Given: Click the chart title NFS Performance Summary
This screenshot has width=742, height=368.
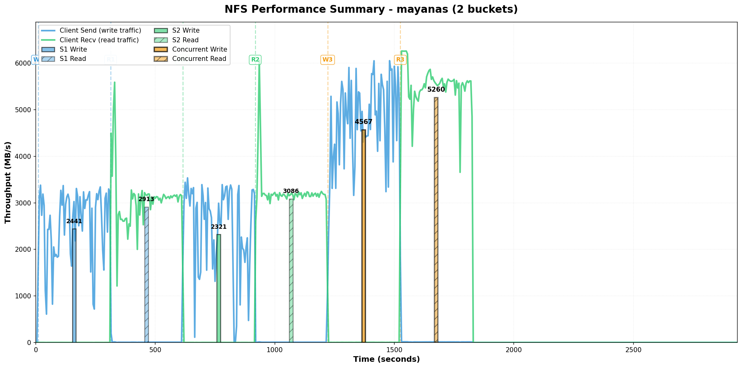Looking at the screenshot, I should pyautogui.click(x=371, y=9).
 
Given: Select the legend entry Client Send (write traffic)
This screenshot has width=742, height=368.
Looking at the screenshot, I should pyautogui.click(x=100, y=30).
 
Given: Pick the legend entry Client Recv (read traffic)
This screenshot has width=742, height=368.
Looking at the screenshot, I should pyautogui.click(x=99, y=40).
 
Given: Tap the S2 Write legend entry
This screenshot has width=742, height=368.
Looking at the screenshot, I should pyautogui.click(x=186, y=30).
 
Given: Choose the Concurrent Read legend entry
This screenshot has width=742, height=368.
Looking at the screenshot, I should pyautogui.click(x=199, y=59).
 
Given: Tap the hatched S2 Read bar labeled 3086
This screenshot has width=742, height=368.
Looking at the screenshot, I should pyautogui.click(x=291, y=270).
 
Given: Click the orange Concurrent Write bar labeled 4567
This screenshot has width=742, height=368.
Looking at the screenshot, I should pyautogui.click(x=364, y=236).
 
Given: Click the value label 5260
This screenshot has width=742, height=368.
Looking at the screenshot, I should pyautogui.click(x=436, y=90).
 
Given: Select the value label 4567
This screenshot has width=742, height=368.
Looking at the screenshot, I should pyautogui.click(x=364, y=122).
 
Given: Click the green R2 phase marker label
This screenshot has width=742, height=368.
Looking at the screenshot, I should pyautogui.click(x=255, y=60).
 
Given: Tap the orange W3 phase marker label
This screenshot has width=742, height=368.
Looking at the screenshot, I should pyautogui.click(x=327, y=60).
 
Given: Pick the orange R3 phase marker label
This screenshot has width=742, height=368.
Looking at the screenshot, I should pyautogui.click(x=400, y=60).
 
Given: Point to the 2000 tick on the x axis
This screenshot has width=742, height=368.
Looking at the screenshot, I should pyautogui.click(x=514, y=350).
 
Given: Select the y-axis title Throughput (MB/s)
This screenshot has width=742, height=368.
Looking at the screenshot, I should pyautogui.click(x=8, y=182).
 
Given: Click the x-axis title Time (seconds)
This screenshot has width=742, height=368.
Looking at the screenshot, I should pyautogui.click(x=386, y=360).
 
